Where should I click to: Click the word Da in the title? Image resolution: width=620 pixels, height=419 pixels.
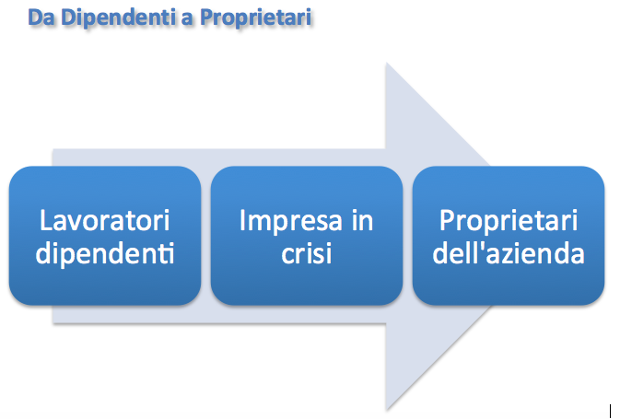pyautogui.click(x=41, y=17)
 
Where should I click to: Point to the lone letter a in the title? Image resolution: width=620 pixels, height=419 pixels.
pyautogui.click(x=187, y=20)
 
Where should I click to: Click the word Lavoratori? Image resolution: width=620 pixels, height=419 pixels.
pyautogui.click(x=105, y=221)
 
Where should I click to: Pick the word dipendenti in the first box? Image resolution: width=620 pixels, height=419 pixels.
pyautogui.click(x=105, y=254)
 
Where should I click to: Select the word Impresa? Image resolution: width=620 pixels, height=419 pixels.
pyautogui.click(x=290, y=221)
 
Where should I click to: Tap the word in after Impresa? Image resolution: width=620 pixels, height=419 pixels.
pyautogui.click(x=362, y=221)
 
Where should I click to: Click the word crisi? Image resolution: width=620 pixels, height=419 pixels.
pyautogui.click(x=307, y=253)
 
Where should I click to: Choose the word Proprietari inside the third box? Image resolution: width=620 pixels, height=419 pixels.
pyautogui.click(x=509, y=221)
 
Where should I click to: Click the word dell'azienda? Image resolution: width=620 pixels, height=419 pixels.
pyautogui.click(x=509, y=253)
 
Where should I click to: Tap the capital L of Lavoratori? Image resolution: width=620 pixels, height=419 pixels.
pyautogui.click(x=46, y=221)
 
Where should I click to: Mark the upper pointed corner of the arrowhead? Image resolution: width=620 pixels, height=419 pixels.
pyautogui.click(x=386, y=63)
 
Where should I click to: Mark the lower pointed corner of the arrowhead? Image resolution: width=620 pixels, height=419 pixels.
pyautogui.click(x=386, y=410)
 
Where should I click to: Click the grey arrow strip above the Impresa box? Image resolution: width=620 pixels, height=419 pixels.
pyautogui.click(x=307, y=157)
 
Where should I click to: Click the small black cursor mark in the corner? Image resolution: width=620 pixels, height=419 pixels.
pyautogui.click(x=611, y=411)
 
